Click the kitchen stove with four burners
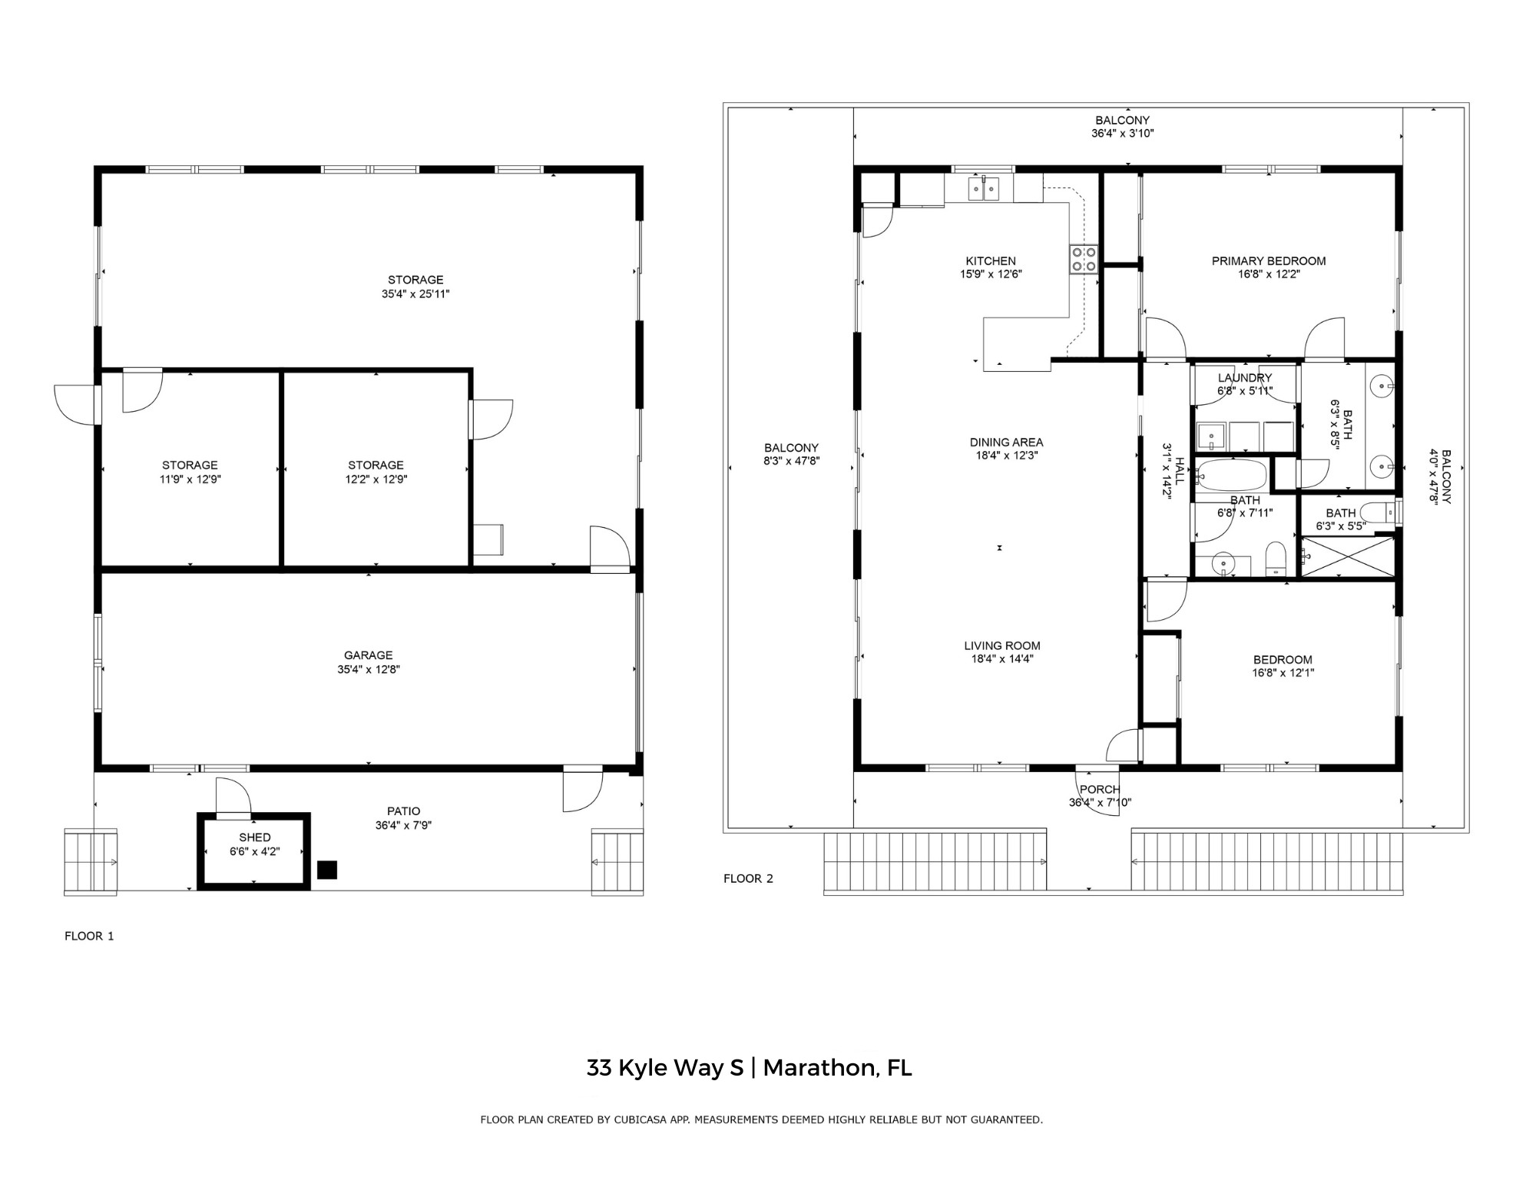click(x=1084, y=259)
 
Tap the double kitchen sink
click(x=983, y=187)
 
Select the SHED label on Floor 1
click(x=255, y=837)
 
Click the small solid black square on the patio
click(x=327, y=870)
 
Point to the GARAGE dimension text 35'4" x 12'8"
click(x=369, y=669)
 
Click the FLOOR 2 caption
click(x=748, y=878)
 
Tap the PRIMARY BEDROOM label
click(x=1269, y=261)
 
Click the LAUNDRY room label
click(x=1245, y=378)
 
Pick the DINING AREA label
click(x=1006, y=443)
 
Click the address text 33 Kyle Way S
click(x=665, y=1068)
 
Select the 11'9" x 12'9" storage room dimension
click(x=190, y=479)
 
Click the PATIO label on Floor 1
click(x=403, y=811)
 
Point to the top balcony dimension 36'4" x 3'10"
click(x=1122, y=133)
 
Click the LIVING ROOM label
click(x=1002, y=646)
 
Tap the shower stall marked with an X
click(x=1347, y=556)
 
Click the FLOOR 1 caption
click(x=89, y=936)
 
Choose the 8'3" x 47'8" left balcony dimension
click(x=791, y=461)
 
